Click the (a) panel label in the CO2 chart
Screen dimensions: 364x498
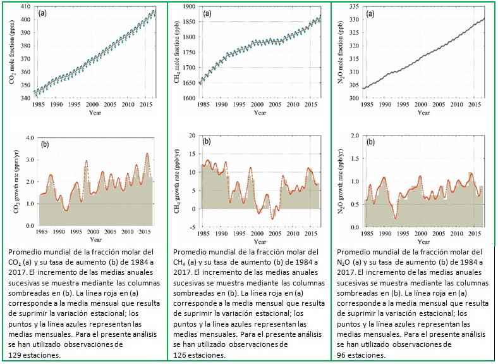[x=43, y=13]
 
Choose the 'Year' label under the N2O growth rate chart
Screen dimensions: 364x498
[x=425, y=239]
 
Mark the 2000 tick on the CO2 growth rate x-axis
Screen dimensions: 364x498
[x=93, y=232]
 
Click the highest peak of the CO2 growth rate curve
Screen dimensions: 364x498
[x=147, y=153]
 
